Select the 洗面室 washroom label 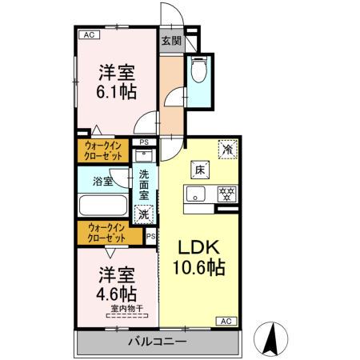coord(144,185)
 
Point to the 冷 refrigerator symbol coord(228,150)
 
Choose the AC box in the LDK coord(225,321)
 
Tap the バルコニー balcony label coord(158,342)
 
